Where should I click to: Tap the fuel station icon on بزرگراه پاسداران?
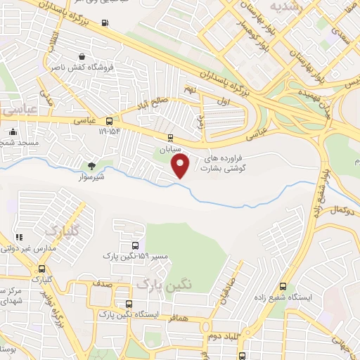105,22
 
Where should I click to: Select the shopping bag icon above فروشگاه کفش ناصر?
83,56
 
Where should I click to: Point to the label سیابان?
169,149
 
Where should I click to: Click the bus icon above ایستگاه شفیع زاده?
283,286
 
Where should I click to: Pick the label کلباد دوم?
223,336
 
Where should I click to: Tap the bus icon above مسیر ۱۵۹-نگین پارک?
134,245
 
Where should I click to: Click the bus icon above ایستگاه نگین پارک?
127,304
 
